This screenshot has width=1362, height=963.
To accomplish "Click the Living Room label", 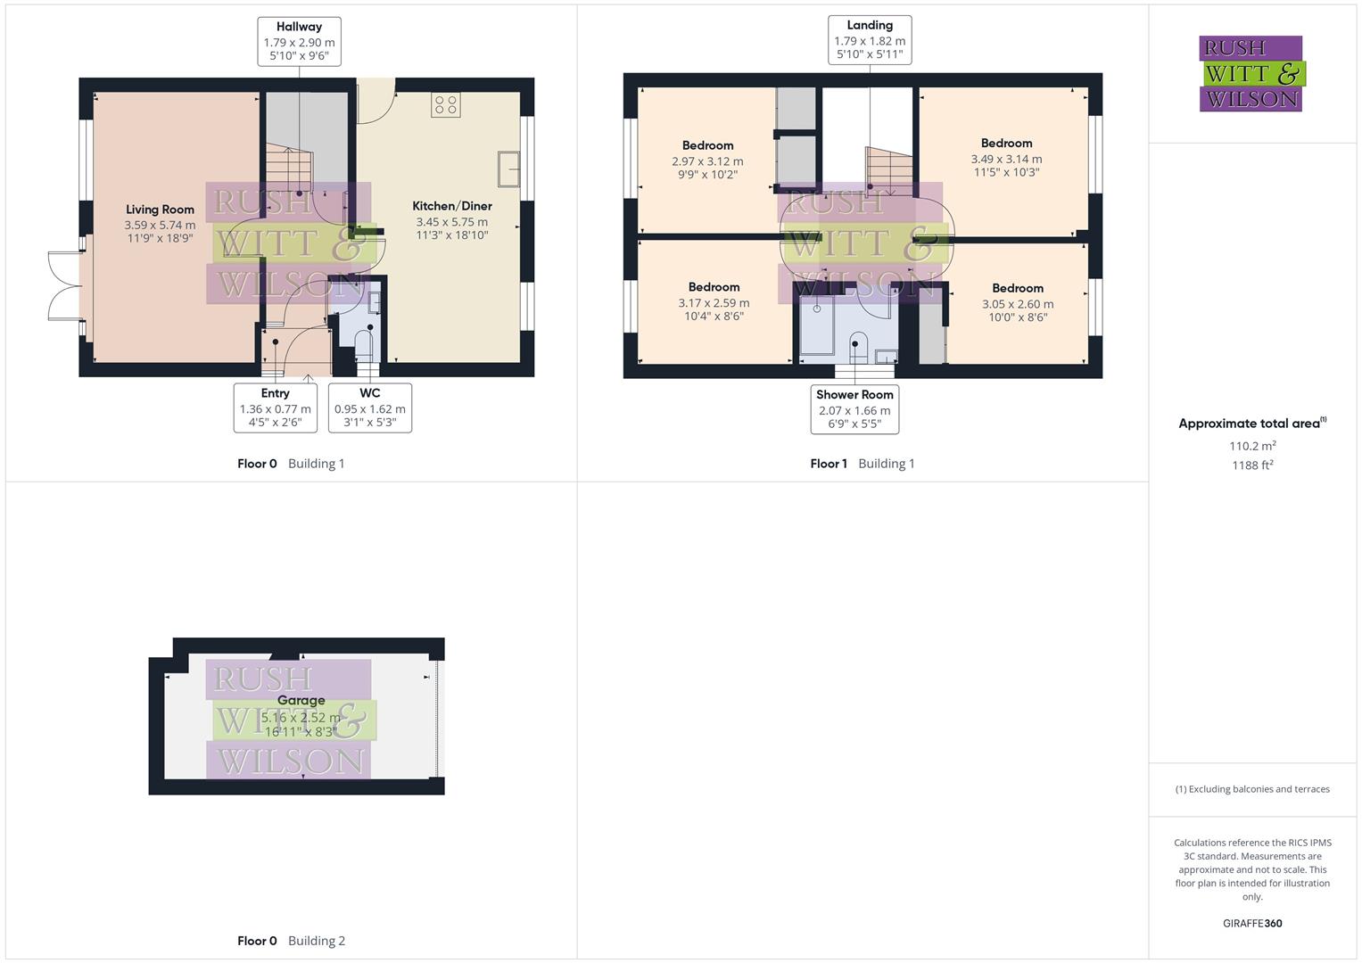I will coord(160,210).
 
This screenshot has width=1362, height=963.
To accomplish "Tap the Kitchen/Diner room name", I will coord(451,206).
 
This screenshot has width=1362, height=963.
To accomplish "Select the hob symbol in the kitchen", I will coord(446,104).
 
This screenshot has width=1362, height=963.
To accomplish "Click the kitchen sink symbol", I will coord(509,169).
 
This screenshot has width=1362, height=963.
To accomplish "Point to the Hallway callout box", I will coord(299,41).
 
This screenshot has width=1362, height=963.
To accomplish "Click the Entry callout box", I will coord(275,407).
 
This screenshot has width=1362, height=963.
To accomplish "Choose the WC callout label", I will coord(369,407).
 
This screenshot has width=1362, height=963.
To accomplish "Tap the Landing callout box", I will coord(869,40).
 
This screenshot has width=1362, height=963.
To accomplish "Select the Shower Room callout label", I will coord(854,408).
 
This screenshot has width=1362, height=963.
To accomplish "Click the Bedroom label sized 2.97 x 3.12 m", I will coord(707,145).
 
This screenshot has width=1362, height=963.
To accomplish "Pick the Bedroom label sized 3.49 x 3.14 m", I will coord(1006,143).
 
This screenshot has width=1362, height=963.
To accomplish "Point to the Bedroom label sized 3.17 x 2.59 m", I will coord(714,287).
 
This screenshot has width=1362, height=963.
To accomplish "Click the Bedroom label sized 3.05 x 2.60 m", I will coord(1017,288).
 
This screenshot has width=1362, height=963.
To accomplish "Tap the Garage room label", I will coord(301,701).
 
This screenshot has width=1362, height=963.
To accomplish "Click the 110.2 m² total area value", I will coord(1252,446).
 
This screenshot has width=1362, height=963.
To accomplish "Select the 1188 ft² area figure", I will coord(1252,465).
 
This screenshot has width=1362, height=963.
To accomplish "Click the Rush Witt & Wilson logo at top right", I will coord(1251,73).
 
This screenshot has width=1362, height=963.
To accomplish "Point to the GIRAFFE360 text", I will coord(1251,923).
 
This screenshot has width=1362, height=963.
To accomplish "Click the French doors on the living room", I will coord(64,285).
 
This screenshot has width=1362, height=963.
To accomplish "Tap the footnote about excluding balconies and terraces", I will coord(1251,789).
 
